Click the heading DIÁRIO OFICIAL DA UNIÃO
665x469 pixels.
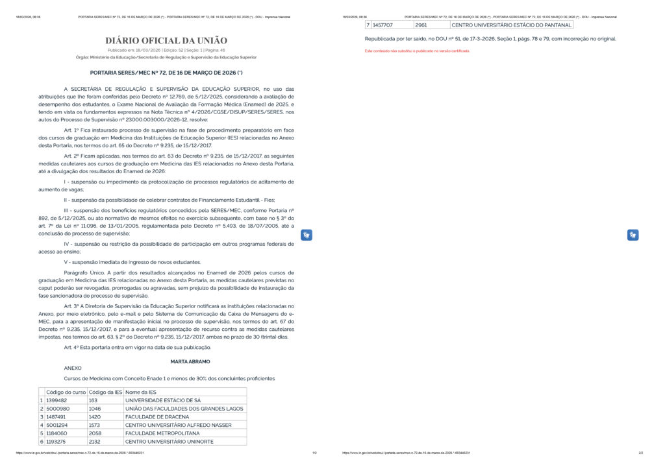[166, 41]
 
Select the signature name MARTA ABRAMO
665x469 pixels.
[190, 361]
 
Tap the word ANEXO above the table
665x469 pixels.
[73, 368]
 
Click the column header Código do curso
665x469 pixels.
[66, 392]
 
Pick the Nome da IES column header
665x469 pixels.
[140, 392]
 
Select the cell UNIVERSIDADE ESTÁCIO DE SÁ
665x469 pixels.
[163, 400]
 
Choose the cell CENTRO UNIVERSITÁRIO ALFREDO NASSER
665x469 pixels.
[178, 425]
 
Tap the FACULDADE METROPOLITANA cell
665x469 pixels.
[159, 433]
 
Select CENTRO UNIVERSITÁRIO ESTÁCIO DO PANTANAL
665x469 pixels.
[512, 25]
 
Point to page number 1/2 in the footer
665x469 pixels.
[314, 453]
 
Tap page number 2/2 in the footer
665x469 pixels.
[640, 453]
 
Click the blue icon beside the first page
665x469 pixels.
[307, 235]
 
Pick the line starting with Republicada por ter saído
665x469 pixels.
[490, 39]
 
